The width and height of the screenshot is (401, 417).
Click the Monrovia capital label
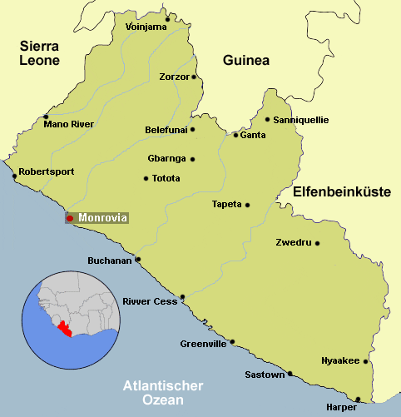click(x=102, y=218)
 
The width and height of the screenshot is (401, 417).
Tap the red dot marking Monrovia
click(x=71, y=218)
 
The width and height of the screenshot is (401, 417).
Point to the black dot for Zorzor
click(x=194, y=77)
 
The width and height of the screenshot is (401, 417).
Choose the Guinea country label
click(x=246, y=60)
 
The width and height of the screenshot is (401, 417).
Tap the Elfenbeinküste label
click(x=342, y=191)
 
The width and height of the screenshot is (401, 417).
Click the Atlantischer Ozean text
click(x=163, y=393)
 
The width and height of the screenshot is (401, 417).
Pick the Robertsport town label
click(x=47, y=171)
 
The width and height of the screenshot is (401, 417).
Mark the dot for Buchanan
click(x=138, y=259)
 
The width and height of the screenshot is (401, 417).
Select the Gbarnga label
click(x=166, y=159)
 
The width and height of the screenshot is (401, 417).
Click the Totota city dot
click(x=146, y=177)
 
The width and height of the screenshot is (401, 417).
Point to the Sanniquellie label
click(x=301, y=120)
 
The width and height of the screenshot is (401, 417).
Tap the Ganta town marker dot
click(x=235, y=135)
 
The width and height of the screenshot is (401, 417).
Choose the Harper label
click(x=341, y=408)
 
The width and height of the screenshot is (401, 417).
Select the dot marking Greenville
click(x=233, y=341)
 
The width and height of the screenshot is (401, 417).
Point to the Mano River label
click(x=69, y=124)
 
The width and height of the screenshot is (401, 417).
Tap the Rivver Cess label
click(x=150, y=301)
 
